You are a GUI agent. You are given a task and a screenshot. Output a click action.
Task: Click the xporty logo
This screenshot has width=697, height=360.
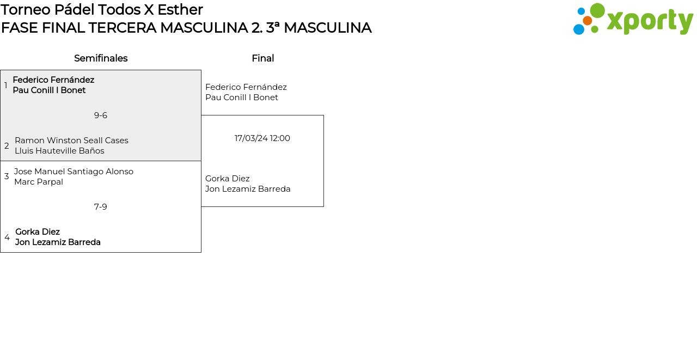633,20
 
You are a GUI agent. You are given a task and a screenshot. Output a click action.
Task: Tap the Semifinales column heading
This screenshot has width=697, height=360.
101,58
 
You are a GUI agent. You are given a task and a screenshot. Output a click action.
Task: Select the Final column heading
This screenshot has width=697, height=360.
262,58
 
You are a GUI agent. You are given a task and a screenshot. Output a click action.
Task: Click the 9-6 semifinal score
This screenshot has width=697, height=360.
101,115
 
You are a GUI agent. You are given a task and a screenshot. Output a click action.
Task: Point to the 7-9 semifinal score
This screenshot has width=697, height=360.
101,207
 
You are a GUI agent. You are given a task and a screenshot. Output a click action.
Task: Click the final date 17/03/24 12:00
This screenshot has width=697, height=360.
262,138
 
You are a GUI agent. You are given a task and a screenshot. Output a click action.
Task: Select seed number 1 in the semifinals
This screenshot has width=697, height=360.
6,86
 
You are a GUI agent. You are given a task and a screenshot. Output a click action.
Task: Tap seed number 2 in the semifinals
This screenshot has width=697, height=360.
7,146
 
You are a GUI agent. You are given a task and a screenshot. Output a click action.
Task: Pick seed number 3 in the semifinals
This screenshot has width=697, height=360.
7,176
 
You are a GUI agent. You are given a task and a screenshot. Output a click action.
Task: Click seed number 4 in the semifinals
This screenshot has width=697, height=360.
7,237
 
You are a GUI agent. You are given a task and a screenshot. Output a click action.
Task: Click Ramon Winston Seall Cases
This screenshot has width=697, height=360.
71,141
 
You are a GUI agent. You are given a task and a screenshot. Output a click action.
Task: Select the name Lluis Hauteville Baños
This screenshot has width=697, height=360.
59,151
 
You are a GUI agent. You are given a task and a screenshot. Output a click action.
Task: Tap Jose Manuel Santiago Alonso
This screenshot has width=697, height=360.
74,172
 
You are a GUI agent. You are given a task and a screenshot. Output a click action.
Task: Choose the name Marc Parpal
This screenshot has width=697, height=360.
39,182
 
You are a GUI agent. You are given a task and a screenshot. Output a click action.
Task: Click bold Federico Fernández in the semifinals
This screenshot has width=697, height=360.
53,80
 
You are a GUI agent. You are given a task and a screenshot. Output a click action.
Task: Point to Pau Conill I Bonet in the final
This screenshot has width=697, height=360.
242,97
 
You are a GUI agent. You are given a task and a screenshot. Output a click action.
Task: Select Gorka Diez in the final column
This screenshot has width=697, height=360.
228,179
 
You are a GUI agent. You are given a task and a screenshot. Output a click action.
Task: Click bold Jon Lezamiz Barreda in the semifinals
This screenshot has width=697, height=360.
58,242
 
